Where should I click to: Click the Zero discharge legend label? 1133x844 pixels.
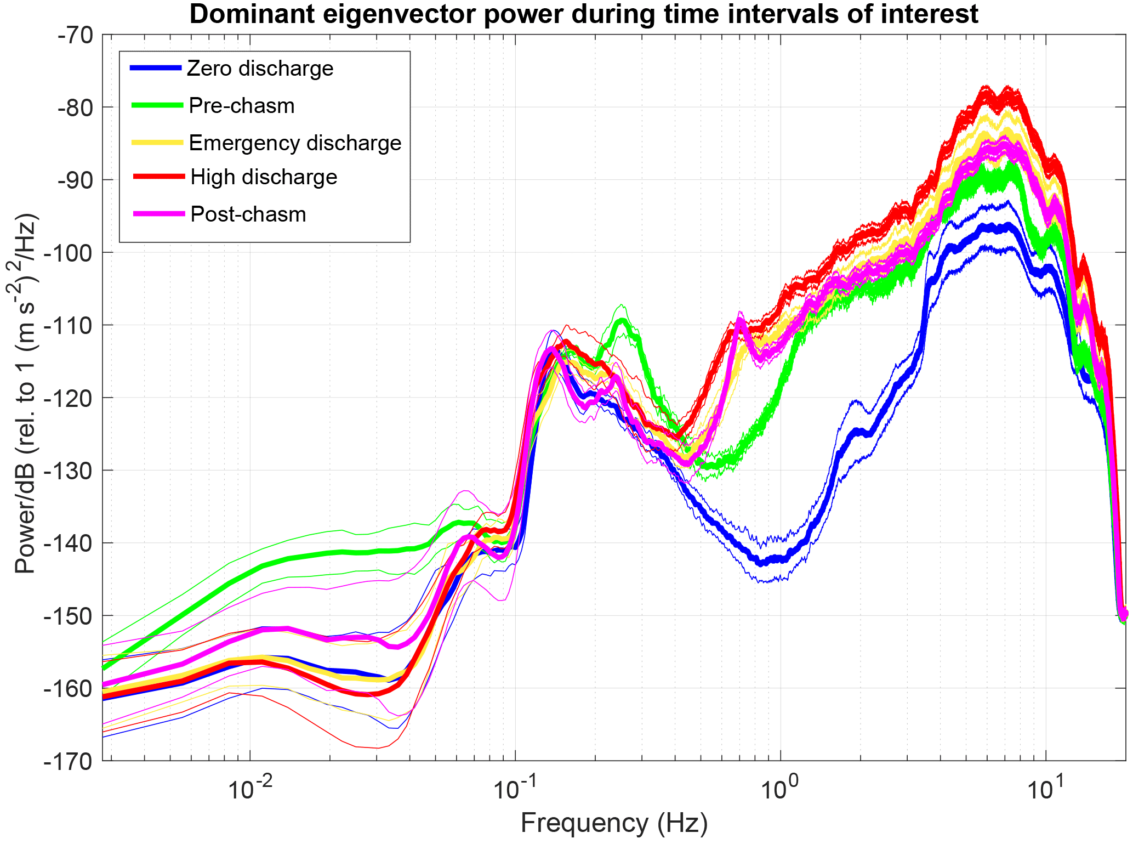click(x=260, y=69)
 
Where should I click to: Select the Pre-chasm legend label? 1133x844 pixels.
click(x=241, y=106)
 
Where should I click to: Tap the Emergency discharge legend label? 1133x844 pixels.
click(x=295, y=143)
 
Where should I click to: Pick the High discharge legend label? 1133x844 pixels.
click(x=264, y=177)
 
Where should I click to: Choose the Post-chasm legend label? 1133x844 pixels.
click(x=248, y=214)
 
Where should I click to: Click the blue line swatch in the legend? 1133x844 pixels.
click(x=156, y=68)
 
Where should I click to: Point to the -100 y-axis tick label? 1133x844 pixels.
click(x=71, y=252)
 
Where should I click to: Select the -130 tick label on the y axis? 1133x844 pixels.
click(x=71, y=471)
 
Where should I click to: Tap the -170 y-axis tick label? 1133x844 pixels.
click(x=71, y=761)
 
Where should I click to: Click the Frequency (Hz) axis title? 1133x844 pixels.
click(x=614, y=823)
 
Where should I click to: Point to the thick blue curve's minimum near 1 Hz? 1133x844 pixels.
click(x=762, y=563)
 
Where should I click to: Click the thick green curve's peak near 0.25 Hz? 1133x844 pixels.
click(x=622, y=320)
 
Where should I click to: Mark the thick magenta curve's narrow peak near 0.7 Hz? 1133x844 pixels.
click(x=740, y=320)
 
